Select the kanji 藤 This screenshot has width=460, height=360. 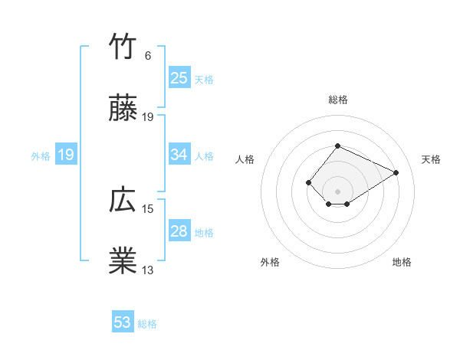[123, 110]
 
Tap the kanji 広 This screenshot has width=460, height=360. [123, 201]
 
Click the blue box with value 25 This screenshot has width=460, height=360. [179, 78]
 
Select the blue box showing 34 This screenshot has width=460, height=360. [179, 155]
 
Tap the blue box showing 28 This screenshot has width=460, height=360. [179, 231]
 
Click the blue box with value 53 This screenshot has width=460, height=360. [122, 322]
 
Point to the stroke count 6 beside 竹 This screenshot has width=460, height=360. [148, 56]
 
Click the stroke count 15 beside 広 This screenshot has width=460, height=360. [148, 208]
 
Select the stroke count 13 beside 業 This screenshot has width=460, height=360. [148, 270]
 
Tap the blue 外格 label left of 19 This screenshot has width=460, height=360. [41, 155]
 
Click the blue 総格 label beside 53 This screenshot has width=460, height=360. [147, 324]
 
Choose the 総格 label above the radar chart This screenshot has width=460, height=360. [337, 100]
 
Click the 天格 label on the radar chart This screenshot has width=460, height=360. [431, 159]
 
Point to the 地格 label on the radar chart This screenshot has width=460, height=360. [402, 262]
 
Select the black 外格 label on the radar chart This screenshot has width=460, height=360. [270, 262]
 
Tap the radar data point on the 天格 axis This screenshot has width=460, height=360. [396, 172]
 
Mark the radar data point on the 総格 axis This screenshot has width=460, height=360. [337, 146]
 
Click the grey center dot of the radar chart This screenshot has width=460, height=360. [337, 191]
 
